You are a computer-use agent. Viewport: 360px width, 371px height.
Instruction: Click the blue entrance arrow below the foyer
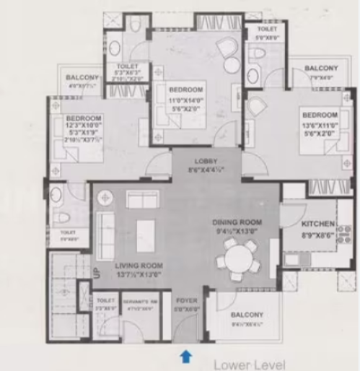pos(185,354)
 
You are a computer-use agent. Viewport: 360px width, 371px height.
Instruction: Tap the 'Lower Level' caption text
pos(250,364)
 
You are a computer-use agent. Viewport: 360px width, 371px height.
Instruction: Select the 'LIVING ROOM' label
pos(138,266)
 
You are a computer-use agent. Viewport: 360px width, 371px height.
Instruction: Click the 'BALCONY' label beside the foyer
pos(247,315)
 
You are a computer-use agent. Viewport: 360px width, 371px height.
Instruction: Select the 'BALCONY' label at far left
pos(82,78)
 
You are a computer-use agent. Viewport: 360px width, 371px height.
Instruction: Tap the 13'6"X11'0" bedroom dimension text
pos(320,124)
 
